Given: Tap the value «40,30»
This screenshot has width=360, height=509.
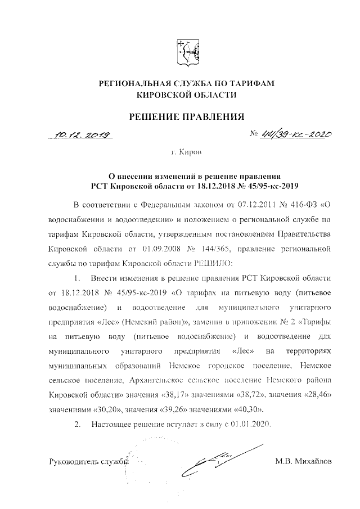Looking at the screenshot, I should point(243,408).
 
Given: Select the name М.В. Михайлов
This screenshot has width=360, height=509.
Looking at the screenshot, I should point(303,462).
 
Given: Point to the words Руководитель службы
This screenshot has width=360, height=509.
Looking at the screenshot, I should point(89,462).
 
